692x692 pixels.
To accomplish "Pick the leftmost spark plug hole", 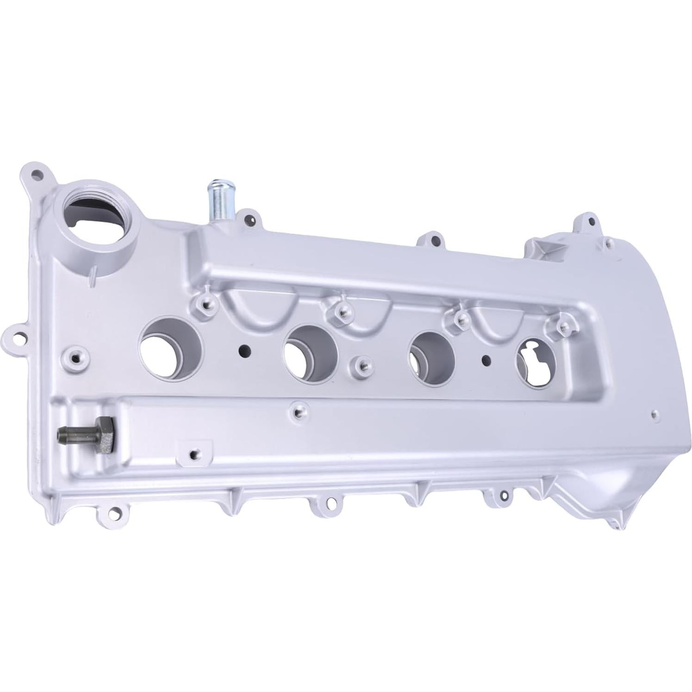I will (x=171, y=349).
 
